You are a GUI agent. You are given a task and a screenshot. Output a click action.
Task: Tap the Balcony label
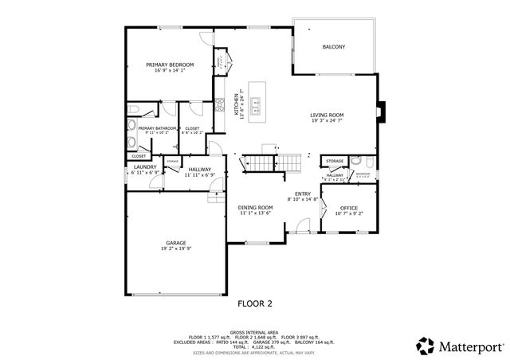coord(334,47)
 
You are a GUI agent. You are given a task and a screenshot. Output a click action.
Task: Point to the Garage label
coord(176,242)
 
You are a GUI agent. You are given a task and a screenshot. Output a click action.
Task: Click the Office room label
coord(349,207)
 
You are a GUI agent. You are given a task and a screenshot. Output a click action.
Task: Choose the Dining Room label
coord(255,207)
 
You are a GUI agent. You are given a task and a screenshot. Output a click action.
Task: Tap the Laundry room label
coord(145,166)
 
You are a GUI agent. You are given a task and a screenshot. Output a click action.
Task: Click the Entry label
coord(303,194)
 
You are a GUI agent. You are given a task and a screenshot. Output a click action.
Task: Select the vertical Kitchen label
coord(236,107)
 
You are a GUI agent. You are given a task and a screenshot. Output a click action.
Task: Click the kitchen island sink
coord(257,103)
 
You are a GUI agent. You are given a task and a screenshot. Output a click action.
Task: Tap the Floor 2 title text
coord(255,303)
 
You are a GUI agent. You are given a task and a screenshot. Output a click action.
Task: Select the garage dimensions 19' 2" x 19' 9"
coord(176,248)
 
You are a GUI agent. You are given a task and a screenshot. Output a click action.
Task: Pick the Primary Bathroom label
coord(157,128)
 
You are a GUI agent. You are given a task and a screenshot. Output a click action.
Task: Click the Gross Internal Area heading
coord(254,331)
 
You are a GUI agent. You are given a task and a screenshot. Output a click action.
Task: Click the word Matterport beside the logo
coord(468,346)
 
